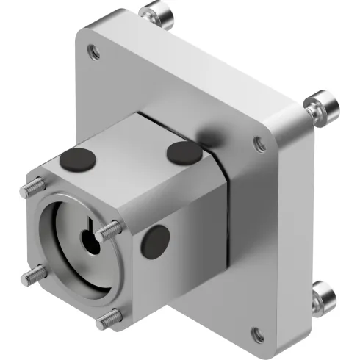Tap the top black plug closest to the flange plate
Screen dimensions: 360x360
180,152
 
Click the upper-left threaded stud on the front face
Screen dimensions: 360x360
29,190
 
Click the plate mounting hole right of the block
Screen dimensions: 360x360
259,144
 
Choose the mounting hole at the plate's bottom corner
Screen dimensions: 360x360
258,334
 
